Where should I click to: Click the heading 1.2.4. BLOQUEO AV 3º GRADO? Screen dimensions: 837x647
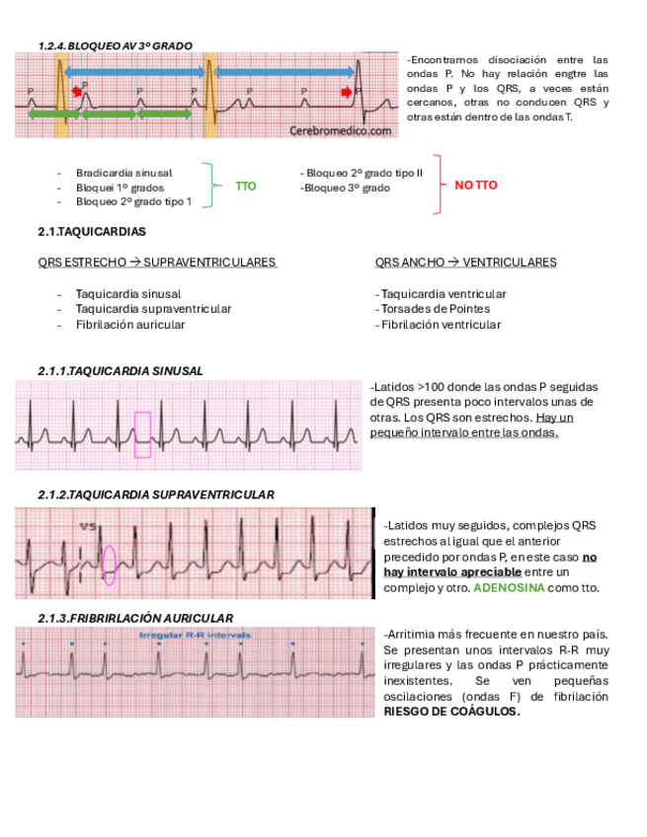[115, 45]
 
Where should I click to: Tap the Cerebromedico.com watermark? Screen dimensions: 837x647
[341, 129]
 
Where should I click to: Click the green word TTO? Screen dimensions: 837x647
[245, 186]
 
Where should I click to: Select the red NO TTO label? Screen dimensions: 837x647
[476, 186]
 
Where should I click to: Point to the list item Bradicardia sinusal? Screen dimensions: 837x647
[123, 173]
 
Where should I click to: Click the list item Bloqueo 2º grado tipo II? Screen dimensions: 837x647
[364, 173]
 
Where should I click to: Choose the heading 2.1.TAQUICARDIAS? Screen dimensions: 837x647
[91, 232]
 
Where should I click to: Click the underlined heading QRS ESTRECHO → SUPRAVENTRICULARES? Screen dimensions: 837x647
[157, 263]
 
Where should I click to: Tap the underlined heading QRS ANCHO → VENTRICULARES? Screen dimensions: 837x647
[465, 263]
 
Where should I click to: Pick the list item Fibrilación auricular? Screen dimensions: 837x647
[129, 324]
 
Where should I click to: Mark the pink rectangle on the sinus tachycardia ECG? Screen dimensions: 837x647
[142, 434]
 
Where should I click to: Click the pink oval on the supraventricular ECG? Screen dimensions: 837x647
[110, 565]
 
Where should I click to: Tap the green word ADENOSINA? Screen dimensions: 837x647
[509, 587]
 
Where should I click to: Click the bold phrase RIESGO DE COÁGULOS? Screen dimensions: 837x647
[451, 711]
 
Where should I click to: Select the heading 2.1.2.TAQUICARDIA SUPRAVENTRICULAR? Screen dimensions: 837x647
[156, 495]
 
